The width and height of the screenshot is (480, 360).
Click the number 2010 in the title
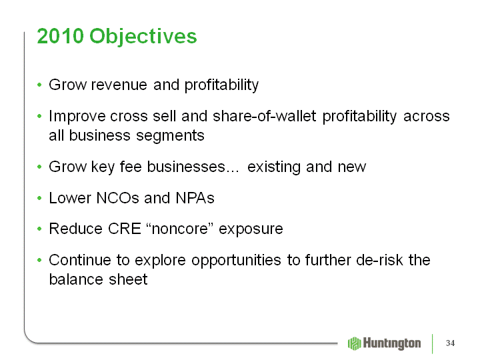[x=60, y=36]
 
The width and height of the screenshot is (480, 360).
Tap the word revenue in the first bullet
[x=119, y=85]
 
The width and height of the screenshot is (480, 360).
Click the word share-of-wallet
[x=264, y=116]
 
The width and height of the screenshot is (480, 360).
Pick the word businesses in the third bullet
[x=186, y=167]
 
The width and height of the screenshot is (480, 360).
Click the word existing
[x=274, y=167]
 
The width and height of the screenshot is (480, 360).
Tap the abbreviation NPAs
[x=195, y=198]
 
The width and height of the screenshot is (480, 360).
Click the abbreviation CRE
[x=125, y=229]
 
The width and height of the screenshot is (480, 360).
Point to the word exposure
[x=251, y=229]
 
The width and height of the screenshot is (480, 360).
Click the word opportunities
[x=236, y=261]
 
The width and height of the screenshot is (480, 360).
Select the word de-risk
[x=380, y=260]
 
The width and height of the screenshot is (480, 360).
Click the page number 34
[x=450, y=343]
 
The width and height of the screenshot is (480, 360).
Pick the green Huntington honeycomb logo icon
[x=355, y=343]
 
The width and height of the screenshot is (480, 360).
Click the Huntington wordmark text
[x=392, y=343]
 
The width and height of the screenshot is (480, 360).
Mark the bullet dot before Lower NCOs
[x=39, y=198]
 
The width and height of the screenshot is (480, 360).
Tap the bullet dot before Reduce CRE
[x=39, y=229]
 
